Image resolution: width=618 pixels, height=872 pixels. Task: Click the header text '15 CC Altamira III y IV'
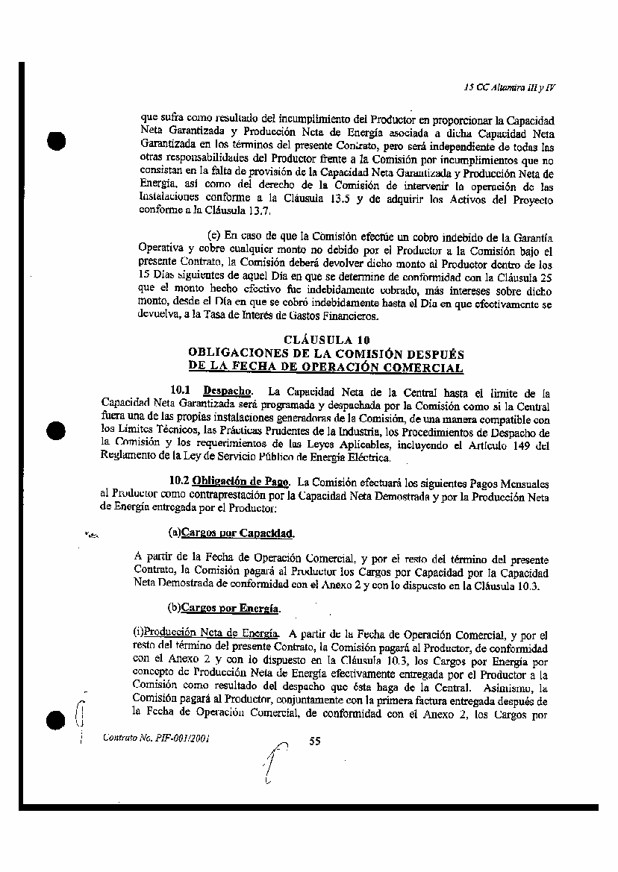510,87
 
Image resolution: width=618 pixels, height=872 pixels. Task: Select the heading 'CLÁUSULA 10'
327,341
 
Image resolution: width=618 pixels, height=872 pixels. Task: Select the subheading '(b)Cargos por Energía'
224,609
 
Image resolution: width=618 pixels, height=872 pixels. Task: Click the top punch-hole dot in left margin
54,141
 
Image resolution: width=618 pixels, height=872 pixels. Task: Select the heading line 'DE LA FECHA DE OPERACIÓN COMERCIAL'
326,367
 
